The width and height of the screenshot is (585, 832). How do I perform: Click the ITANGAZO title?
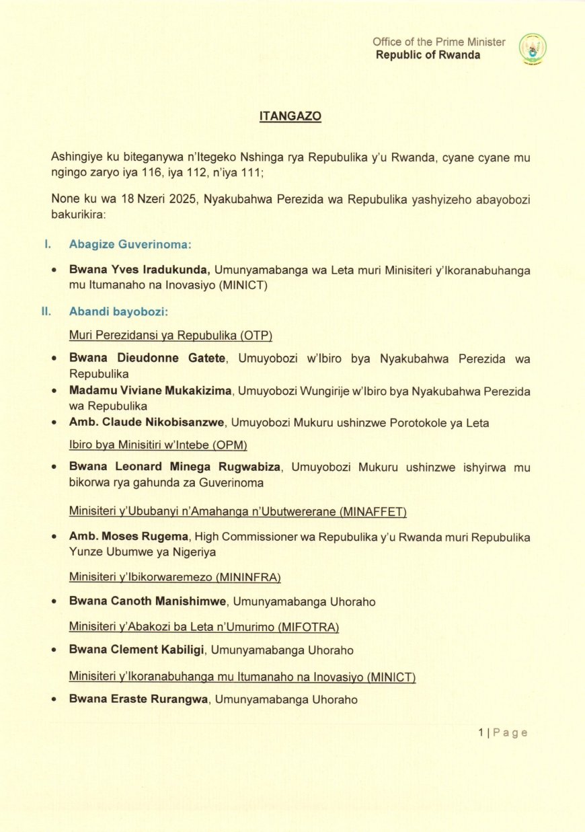(x=290, y=116)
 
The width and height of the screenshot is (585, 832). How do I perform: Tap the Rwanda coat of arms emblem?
(x=533, y=48)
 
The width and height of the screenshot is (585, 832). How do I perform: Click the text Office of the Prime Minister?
(x=439, y=42)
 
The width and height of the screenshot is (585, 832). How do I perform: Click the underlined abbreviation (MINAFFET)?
(x=374, y=513)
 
